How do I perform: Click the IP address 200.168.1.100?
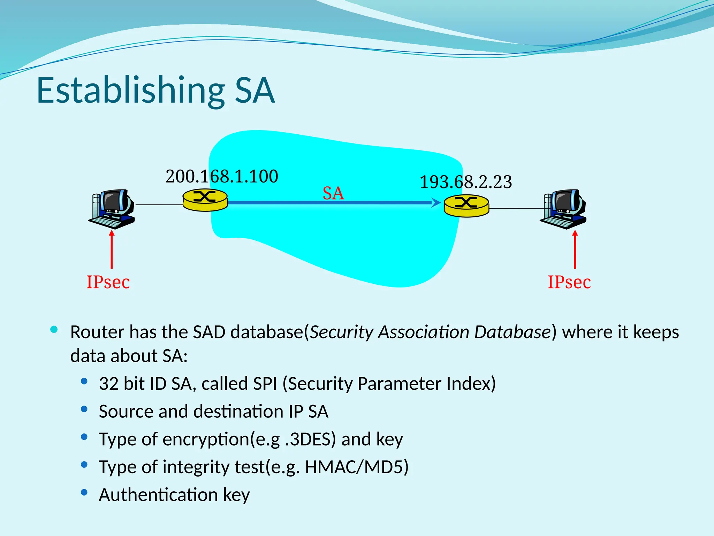(x=222, y=176)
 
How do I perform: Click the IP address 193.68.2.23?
(x=466, y=182)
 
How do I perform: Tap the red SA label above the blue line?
(x=333, y=193)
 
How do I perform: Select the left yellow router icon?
(x=205, y=200)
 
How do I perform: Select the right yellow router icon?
(x=466, y=206)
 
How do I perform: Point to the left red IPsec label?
(x=108, y=282)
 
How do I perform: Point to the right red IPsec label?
(x=569, y=282)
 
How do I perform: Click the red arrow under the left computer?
(x=112, y=249)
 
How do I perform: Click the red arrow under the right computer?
(x=575, y=249)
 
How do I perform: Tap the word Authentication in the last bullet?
(x=158, y=495)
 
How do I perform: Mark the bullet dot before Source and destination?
(x=84, y=409)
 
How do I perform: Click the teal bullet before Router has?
(x=54, y=329)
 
